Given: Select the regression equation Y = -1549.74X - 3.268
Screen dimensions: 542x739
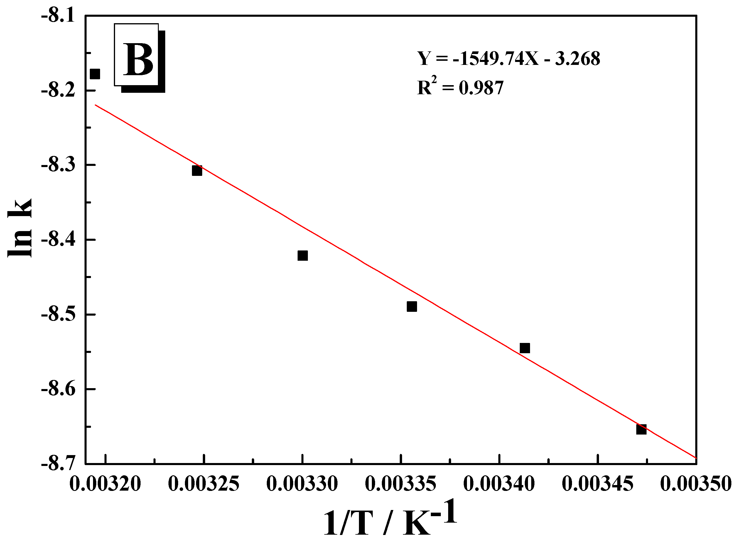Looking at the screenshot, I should [509, 59].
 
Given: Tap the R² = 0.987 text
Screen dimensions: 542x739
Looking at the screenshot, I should [460, 87].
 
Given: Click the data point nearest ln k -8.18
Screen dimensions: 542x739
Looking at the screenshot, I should [95, 74].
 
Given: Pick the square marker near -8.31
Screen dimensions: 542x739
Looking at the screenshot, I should [197, 171].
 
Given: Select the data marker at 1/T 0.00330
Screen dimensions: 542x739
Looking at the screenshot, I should [303, 255].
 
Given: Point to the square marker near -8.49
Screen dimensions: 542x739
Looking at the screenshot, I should [412, 307].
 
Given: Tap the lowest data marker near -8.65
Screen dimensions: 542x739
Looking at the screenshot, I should [641, 429].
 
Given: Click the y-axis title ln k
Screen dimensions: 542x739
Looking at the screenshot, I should [20, 228].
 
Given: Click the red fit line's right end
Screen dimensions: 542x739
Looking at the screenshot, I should [695, 457].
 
